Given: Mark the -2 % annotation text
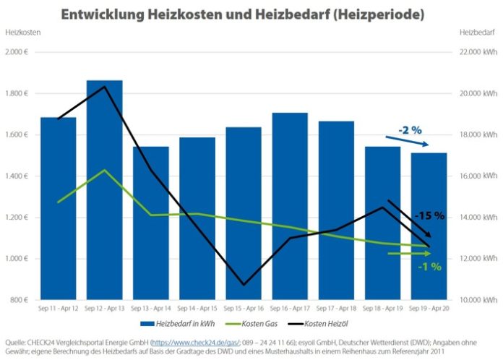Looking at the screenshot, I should tap(410, 130).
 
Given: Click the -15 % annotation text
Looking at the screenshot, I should tap(429, 215).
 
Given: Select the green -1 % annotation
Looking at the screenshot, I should tap(429, 266).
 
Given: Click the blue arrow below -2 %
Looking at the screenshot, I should tap(413, 142).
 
